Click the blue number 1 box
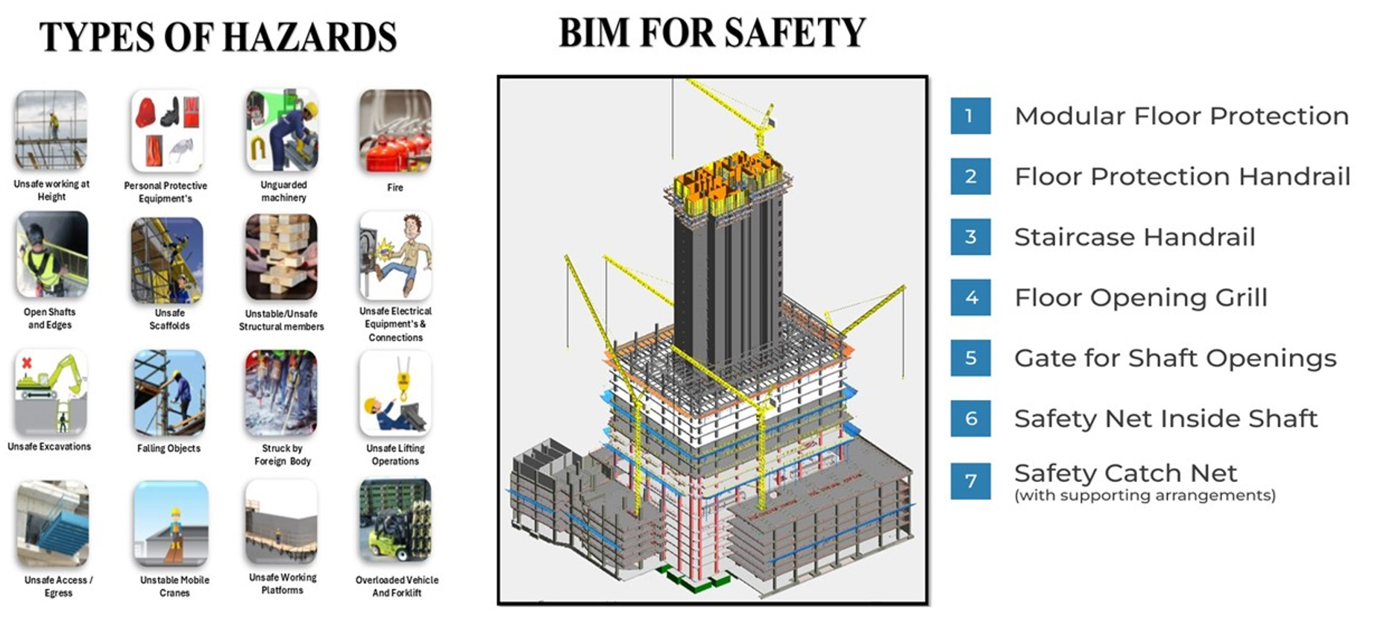[x=970, y=116]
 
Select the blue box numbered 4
[x=970, y=297]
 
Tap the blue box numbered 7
[x=970, y=480]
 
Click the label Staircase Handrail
[x=1134, y=237]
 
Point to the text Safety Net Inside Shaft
[x=1165, y=419]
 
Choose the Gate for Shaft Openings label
[x=1174, y=358]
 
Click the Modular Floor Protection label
[x=1181, y=116]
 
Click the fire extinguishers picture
[x=395, y=131]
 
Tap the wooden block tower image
[x=281, y=257]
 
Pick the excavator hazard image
[x=50, y=392]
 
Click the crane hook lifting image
[x=395, y=393]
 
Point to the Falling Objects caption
[x=169, y=448]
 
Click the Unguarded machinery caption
[x=283, y=191]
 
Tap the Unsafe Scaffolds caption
[x=169, y=320]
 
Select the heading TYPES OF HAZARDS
[x=218, y=36]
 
